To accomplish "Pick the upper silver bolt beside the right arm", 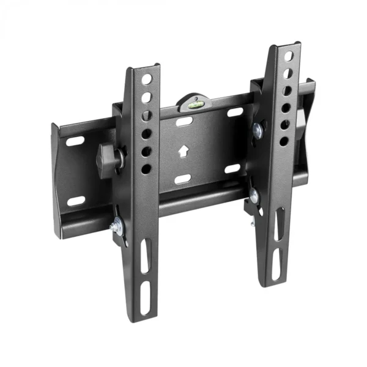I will [x=257, y=130].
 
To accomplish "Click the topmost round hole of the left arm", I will [x=147, y=79].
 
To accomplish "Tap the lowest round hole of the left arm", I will [x=146, y=168].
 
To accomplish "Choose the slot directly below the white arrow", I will [x=182, y=179].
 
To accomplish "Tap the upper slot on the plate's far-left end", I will [x=75, y=141].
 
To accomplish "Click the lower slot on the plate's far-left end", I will [x=76, y=201].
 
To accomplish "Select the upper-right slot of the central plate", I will [x=235, y=112].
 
